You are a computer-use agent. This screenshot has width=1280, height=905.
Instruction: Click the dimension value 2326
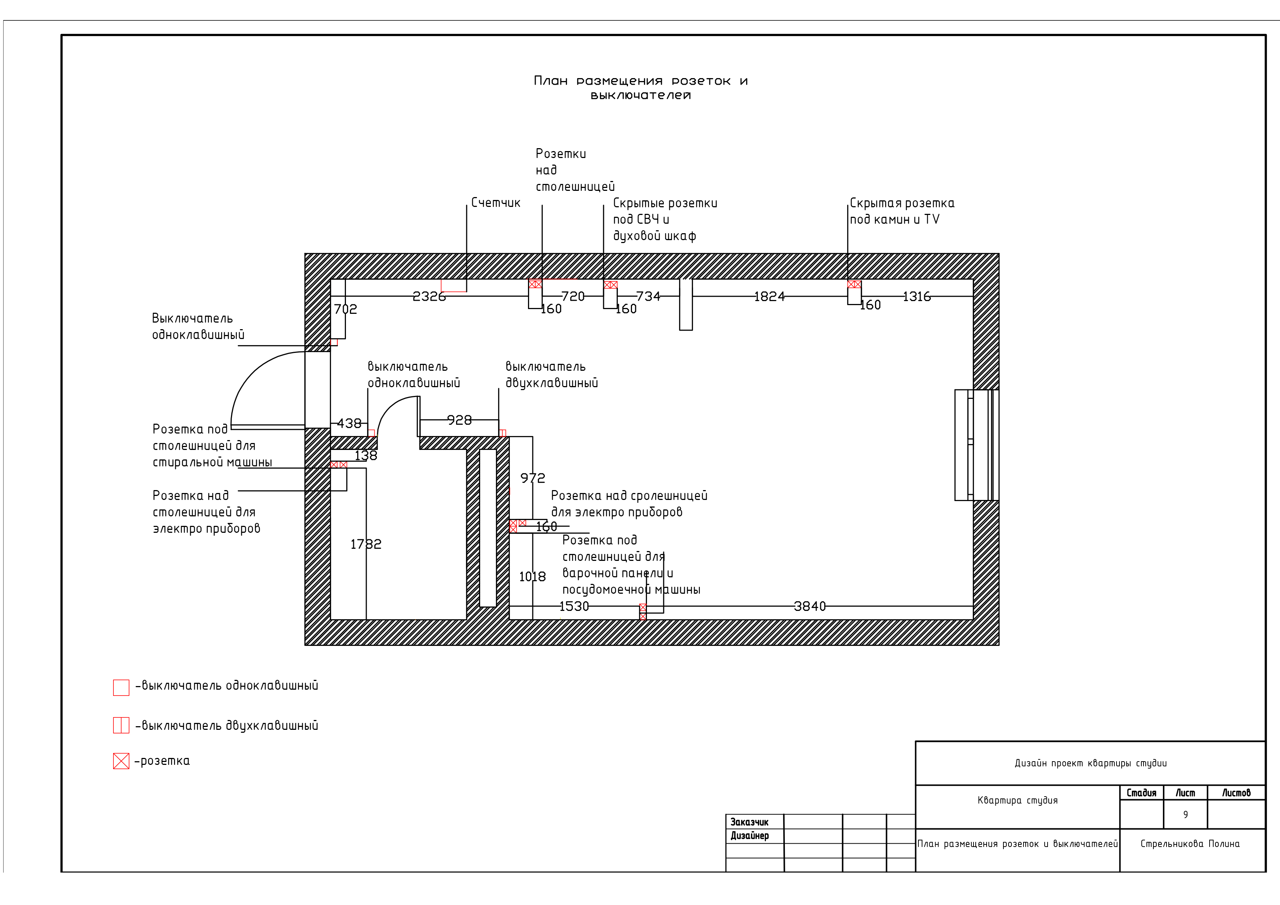(429, 296)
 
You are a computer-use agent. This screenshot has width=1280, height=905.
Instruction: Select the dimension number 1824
(769, 296)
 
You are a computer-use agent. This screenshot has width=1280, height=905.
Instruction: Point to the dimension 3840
(809, 606)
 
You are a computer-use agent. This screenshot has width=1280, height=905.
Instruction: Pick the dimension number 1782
(366, 544)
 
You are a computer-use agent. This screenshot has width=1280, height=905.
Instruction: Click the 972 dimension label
(532, 478)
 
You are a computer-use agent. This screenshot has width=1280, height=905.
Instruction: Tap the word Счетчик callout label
(496, 203)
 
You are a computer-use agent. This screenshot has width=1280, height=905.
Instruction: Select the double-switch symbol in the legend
(121, 725)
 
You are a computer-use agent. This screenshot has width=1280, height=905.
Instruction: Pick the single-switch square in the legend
(121, 688)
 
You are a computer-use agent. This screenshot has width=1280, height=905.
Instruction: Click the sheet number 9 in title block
(1185, 814)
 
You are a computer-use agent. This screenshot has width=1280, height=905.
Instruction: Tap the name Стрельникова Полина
(1190, 844)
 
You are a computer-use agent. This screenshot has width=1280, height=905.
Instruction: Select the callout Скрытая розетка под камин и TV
(902, 211)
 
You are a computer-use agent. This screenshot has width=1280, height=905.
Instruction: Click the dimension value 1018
(532, 577)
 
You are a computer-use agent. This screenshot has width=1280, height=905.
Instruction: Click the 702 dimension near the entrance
(345, 309)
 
